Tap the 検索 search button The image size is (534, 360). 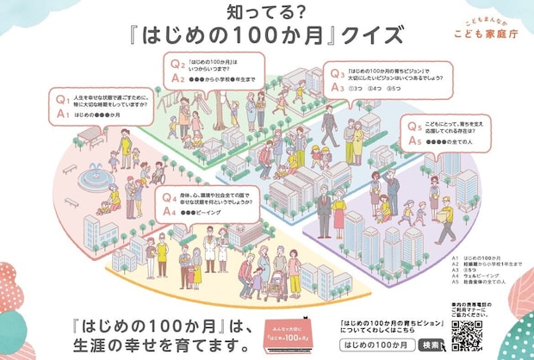point(430,344)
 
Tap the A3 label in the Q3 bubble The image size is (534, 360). point(338,88)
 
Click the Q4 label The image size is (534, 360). point(171,196)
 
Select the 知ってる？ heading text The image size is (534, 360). point(265,11)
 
